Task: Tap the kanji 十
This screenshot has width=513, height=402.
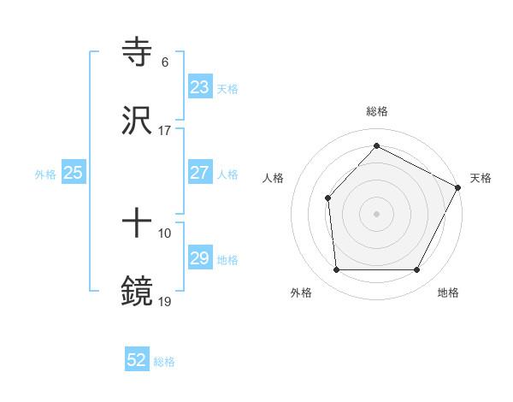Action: coord(137,225)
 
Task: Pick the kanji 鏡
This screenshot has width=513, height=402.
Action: coord(137,292)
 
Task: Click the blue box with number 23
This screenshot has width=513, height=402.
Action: coord(199,87)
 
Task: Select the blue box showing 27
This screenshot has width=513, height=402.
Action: coord(199,173)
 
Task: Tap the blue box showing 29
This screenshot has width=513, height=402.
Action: coord(199,258)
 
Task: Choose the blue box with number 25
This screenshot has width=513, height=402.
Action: coord(73,173)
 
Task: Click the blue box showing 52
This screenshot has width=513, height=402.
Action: coord(137,360)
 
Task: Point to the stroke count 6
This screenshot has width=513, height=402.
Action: coord(165,62)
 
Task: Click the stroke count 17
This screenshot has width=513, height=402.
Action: coord(165,131)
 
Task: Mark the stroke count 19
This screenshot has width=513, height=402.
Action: coord(165,301)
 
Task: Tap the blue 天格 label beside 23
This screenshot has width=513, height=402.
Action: coord(227,88)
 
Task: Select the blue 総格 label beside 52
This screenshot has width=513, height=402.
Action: coord(164,361)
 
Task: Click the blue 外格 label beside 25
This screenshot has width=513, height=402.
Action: coord(45,174)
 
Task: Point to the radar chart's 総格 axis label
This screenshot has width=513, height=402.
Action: coord(376,111)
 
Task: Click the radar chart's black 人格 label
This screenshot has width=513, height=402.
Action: coord(274,178)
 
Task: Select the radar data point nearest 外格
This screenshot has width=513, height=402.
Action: coord(336,270)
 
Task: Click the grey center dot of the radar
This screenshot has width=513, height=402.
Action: coord(376,213)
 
